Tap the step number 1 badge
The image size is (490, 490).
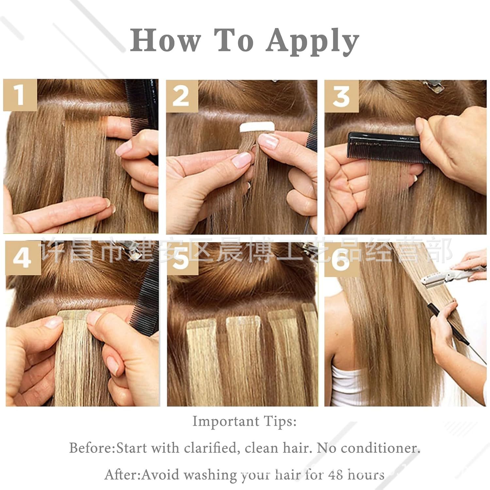point(20,95)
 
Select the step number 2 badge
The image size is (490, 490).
point(181,96)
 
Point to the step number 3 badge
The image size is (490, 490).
point(341,96)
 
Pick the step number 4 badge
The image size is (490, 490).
point(22,258)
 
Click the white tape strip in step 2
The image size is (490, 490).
point(256,127)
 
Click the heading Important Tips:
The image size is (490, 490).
point(244,421)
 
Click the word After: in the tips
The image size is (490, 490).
point(123,475)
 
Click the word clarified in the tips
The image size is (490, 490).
point(210,448)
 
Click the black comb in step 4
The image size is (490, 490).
point(144,304)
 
